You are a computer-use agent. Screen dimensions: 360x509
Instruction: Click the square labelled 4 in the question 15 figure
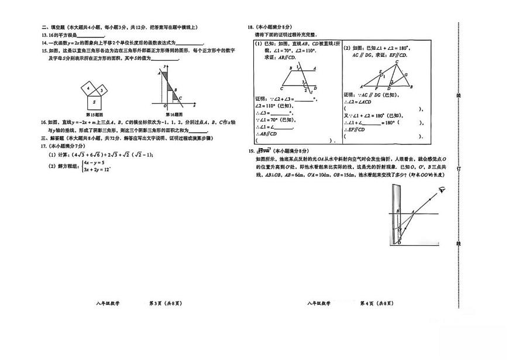88,89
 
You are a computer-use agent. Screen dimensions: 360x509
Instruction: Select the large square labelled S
94,102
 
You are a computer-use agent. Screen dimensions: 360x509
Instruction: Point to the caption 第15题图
94,115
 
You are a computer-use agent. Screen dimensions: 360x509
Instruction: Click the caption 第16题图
173,115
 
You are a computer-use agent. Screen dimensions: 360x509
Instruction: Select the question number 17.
43,145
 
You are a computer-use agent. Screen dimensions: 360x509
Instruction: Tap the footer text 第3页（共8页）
166,303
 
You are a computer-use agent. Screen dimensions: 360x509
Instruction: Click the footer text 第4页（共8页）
376,303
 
